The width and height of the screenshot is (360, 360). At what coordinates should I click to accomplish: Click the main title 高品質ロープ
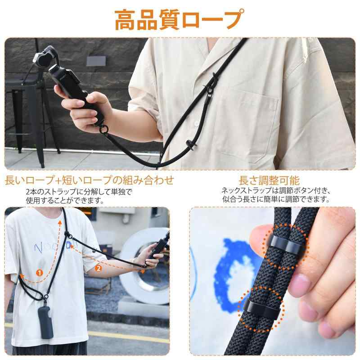click(179, 20)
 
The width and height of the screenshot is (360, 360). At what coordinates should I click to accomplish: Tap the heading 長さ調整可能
click(269, 180)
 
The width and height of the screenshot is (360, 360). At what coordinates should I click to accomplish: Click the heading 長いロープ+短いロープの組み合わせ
click(89, 180)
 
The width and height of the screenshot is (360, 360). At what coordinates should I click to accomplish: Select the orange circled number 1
click(40, 273)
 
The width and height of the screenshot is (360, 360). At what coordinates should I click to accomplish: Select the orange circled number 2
click(98, 268)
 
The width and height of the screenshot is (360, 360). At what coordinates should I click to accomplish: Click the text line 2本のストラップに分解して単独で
click(79, 192)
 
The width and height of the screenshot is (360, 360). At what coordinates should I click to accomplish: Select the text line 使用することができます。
click(65, 200)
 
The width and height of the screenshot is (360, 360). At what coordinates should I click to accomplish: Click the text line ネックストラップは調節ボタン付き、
click(276, 190)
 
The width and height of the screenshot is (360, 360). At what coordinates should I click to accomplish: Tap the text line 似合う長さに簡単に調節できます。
click(276, 199)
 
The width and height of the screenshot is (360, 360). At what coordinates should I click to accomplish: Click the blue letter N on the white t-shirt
click(38, 248)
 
